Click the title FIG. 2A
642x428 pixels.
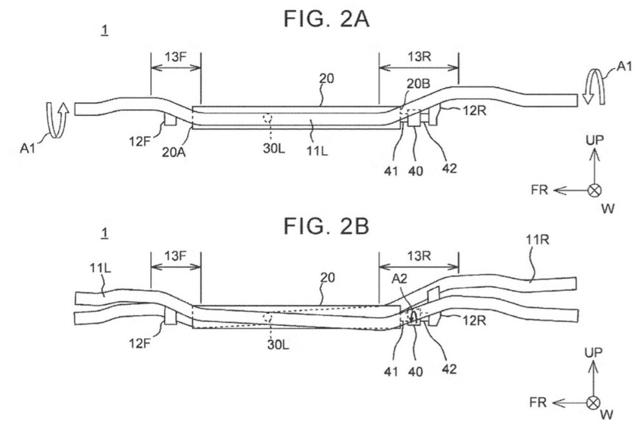point(327,19)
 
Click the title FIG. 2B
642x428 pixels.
point(327,226)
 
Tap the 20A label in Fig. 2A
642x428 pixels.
point(174,152)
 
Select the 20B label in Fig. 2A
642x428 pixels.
point(418,84)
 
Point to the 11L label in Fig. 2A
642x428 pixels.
point(318,151)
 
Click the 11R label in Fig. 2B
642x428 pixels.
point(537,239)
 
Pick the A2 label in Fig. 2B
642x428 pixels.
point(400,279)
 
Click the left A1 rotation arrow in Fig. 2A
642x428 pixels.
point(56,119)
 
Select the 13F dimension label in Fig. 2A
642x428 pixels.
point(176,57)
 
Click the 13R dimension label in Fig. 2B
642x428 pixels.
point(420,256)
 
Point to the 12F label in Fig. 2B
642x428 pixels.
point(141,343)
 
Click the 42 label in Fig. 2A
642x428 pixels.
point(449,168)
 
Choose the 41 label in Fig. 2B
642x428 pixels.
point(391,372)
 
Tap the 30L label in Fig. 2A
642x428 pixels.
point(274,148)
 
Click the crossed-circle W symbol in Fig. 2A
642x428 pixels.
point(594,190)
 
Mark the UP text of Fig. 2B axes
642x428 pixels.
point(594,353)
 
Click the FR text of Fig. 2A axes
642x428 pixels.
point(539,190)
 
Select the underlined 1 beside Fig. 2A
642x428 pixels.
point(105,30)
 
